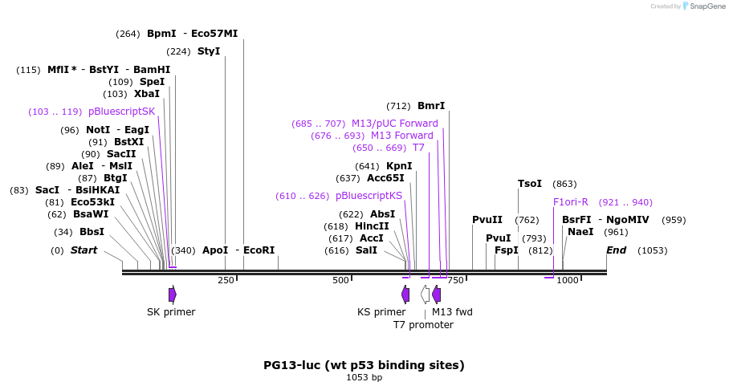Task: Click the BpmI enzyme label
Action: (x=161, y=34)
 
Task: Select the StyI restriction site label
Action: (x=209, y=51)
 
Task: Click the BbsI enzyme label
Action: (x=92, y=232)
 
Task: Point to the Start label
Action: (x=83, y=250)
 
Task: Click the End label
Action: (x=616, y=250)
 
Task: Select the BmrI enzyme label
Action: (x=431, y=106)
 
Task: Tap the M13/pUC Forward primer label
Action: (x=395, y=124)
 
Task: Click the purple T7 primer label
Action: (x=418, y=148)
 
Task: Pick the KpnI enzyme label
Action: (x=399, y=166)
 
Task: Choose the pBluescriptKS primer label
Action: (x=369, y=196)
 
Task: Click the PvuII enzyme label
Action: (x=487, y=220)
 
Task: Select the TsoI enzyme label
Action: (x=530, y=184)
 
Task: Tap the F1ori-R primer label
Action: (x=571, y=202)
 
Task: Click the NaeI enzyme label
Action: (x=580, y=232)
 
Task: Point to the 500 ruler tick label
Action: (x=341, y=280)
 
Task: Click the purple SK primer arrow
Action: (x=173, y=295)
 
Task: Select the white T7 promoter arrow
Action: (x=425, y=295)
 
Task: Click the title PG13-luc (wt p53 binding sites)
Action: (x=364, y=365)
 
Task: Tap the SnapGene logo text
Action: (x=694, y=6)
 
